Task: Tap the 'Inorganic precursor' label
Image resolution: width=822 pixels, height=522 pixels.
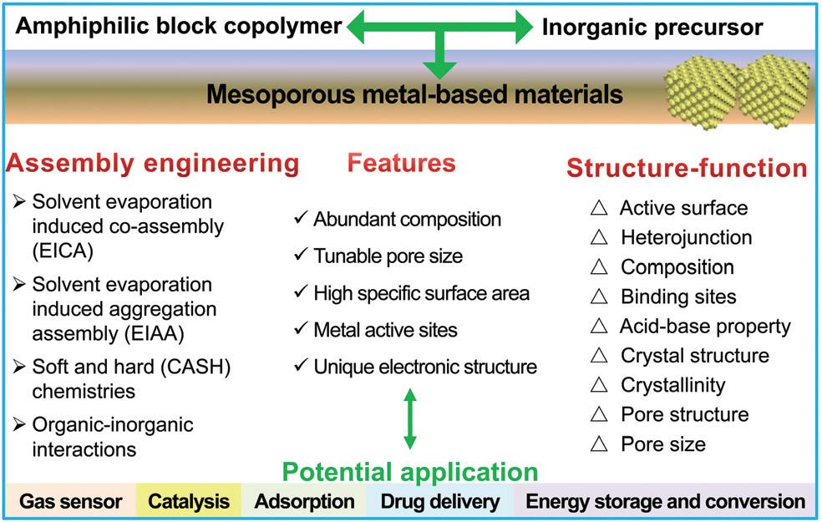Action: [652, 28]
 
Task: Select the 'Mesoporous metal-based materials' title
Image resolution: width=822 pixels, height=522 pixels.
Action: [415, 94]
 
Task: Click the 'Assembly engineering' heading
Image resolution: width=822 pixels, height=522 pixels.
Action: [153, 163]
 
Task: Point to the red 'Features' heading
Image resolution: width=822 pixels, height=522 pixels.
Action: [402, 162]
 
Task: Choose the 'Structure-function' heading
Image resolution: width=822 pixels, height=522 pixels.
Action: [687, 168]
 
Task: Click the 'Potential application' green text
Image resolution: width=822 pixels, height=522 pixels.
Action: [409, 472]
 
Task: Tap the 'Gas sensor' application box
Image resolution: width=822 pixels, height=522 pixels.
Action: [71, 502]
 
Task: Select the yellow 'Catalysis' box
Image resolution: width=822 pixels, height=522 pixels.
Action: [189, 502]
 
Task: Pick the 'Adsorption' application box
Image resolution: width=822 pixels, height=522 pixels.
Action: [304, 502]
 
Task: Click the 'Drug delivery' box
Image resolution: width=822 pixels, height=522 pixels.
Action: [440, 502]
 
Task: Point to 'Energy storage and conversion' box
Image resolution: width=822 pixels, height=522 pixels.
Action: [666, 502]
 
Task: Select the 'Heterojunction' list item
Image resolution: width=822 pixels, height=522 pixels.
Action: [686, 237]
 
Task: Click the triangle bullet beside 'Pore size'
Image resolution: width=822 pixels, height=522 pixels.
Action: [598, 443]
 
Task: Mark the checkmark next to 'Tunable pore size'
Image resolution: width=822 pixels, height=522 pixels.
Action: [300, 256]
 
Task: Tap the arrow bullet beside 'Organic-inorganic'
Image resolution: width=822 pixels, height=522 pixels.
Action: [18, 424]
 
